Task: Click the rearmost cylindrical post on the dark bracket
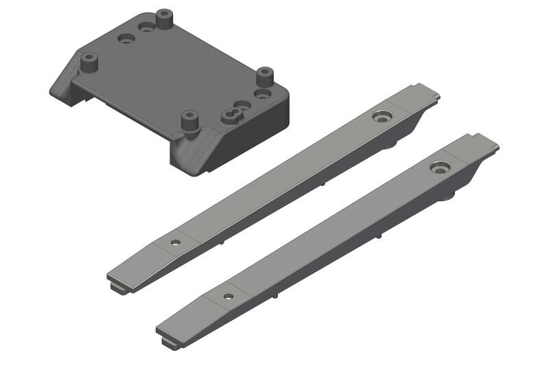coord(163,19)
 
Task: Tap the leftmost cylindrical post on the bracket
coord(89,62)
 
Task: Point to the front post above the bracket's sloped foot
coord(189,121)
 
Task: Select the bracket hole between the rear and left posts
coord(125,39)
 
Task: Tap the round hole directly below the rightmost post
coord(261,93)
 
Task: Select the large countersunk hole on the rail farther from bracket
coord(439,167)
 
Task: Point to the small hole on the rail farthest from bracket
coord(228,297)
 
